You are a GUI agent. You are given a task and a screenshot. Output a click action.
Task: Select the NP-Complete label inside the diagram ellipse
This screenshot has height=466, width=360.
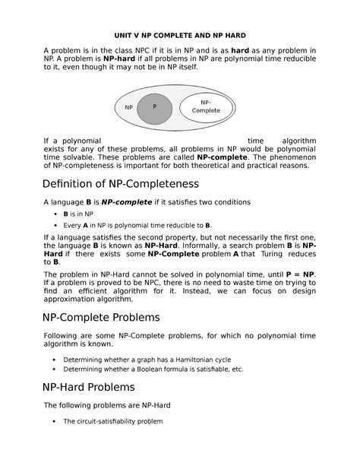(x=206, y=106)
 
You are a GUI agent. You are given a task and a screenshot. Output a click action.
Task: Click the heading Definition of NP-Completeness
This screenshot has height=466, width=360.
(x=121, y=184)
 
